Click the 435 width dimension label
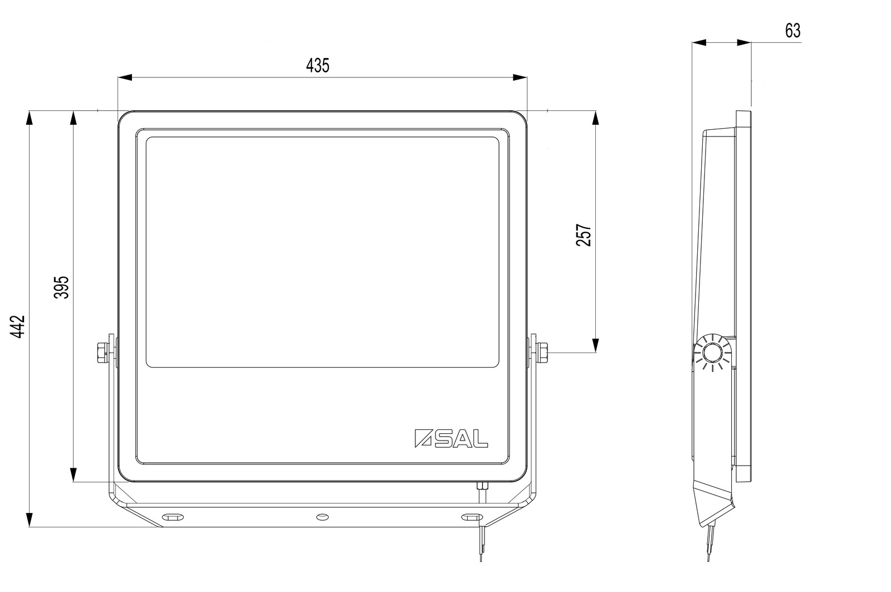coord(318,66)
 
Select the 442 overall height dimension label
coord(17,327)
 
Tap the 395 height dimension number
coord(62,287)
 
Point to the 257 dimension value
coord(584,235)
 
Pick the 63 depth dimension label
coord(793,31)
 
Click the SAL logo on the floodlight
coord(451,438)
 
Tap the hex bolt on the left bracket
coord(102,353)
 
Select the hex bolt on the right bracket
coord(542,353)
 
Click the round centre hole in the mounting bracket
coord(322,517)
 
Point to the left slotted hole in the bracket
coord(173,517)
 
